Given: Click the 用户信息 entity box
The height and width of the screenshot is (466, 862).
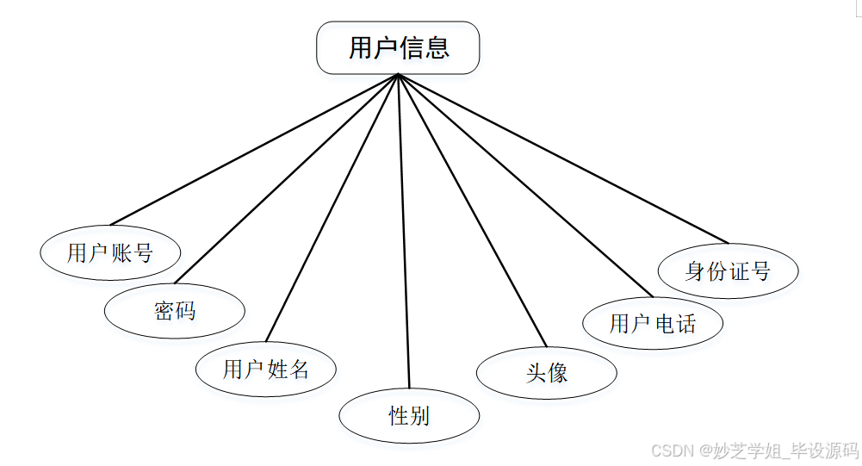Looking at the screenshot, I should (398, 47).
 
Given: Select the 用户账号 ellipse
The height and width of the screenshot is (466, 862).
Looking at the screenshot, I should (110, 253).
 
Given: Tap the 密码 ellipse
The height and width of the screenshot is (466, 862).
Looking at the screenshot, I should (175, 310).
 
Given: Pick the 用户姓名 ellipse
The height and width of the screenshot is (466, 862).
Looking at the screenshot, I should (265, 370).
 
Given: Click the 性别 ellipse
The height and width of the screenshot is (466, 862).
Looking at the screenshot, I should (409, 416).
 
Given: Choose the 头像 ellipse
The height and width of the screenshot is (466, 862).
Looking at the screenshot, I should (547, 372).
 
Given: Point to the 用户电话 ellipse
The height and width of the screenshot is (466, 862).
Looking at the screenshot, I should (653, 323).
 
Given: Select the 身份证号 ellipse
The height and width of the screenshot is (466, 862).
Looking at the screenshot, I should (728, 271).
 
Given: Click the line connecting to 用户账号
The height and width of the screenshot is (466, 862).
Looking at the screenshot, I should (254, 150).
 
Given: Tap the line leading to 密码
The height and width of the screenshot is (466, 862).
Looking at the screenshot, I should (286, 178).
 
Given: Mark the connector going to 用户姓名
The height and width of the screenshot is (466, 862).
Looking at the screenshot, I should (332, 208).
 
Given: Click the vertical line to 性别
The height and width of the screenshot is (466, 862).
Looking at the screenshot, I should (404, 233).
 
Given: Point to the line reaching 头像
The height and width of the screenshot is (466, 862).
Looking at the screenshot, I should (473, 210).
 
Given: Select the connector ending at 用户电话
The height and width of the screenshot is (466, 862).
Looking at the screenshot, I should (525, 185).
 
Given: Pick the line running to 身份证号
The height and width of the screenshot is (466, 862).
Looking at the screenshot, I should (563, 158).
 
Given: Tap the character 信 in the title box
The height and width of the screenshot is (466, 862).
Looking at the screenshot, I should (411, 47).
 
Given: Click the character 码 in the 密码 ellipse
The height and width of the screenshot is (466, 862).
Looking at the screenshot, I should (185, 310).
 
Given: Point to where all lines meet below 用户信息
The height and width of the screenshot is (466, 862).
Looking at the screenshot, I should (399, 75).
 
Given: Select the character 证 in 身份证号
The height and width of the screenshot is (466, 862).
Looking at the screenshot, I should (738, 271).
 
